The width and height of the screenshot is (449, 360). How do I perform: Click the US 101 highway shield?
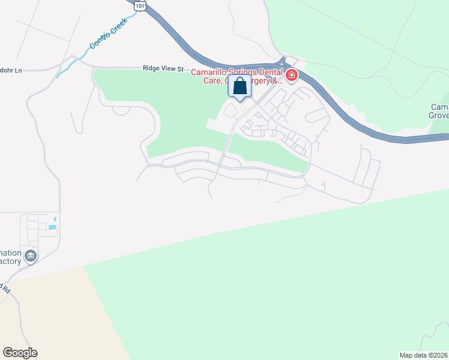point(140,5)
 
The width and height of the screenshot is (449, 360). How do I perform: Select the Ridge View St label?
point(163,69)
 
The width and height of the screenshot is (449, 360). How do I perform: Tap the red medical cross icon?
point(292,75)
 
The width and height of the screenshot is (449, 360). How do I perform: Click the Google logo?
point(20,353)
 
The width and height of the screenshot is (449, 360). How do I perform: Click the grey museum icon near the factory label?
point(31,256)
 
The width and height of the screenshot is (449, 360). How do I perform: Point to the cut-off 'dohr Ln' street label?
point(10,70)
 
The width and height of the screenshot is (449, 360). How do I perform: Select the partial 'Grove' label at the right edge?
point(439,117)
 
